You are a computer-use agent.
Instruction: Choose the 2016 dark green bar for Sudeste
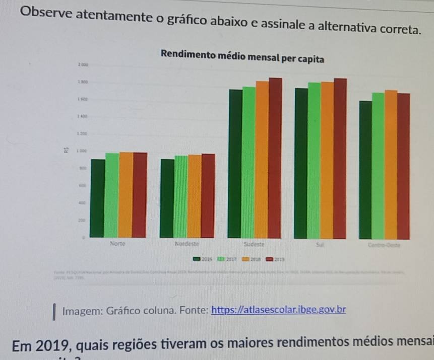(235, 163)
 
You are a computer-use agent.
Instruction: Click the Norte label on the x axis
(117, 243)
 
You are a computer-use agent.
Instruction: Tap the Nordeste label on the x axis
(187, 244)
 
